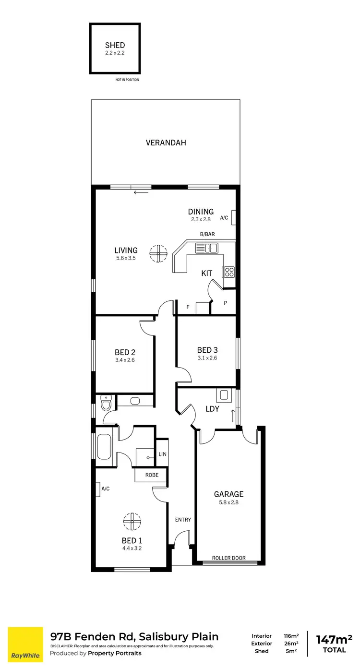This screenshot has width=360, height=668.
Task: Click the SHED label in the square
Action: pos(115,46)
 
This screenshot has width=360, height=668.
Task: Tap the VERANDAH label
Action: pos(166,143)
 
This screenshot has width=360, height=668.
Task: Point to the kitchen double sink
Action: pos(206,248)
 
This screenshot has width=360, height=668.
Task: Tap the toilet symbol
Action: pos(106,403)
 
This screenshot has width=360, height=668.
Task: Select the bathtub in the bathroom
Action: pos(104,446)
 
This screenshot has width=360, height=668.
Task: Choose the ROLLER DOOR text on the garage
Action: pos(228,558)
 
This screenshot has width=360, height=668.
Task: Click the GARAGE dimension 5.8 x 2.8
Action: pos(228,503)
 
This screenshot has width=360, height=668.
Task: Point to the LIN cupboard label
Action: pos(162,454)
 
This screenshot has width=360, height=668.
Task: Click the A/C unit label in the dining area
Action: pos(224,218)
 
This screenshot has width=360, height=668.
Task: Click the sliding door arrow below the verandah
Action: pos(141,193)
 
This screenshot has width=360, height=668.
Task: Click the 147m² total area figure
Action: pos(334,640)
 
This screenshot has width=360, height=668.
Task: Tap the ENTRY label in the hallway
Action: pos(183,520)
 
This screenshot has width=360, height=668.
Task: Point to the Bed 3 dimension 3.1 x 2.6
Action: pos(207,358)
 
